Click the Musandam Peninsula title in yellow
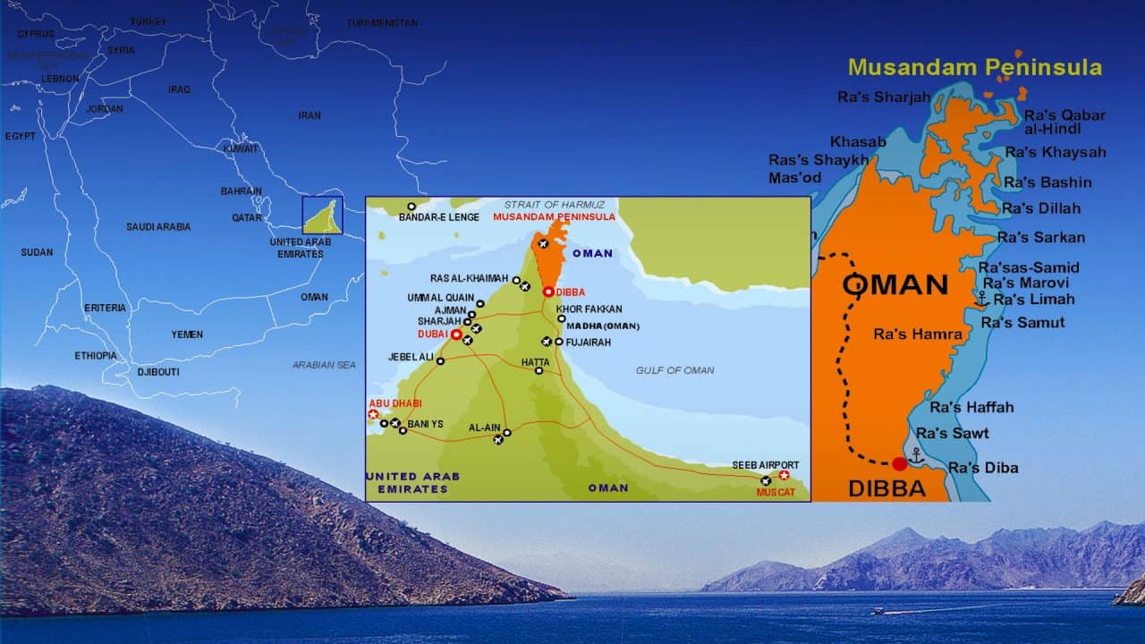[975, 67]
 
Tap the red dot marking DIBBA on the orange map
[899, 463]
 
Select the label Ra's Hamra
[918, 335]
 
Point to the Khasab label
[858, 141]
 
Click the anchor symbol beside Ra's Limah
[981, 298]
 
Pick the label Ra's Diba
[983, 468]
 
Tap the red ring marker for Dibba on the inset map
[547, 292]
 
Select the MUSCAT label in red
[776, 492]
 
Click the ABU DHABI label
[394, 403]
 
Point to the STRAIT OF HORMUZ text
[554, 205]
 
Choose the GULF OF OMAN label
[674, 370]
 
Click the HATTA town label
[536, 362]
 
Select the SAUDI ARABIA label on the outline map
[158, 227]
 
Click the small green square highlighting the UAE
[322, 215]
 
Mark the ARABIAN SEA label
[324, 365]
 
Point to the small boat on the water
[879, 611]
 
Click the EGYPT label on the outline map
[20, 136]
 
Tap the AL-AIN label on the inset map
[484, 428]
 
